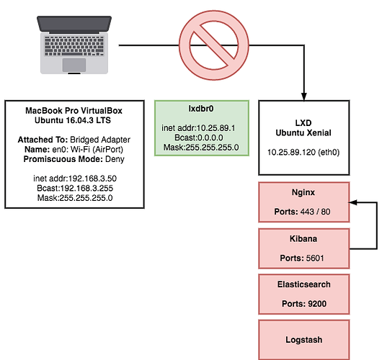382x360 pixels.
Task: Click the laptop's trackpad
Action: (74, 65)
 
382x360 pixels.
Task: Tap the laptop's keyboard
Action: (74, 46)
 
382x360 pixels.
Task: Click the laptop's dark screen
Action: (74, 24)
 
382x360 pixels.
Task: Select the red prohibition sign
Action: (214, 45)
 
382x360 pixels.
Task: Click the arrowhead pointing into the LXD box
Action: (303, 96)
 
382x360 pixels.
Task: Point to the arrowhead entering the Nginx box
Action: (353, 202)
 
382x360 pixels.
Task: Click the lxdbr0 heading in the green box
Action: (201, 109)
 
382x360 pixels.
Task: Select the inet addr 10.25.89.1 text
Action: (198, 128)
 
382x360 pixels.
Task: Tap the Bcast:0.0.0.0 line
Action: (199, 138)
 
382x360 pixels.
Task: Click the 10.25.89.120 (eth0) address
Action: (303, 153)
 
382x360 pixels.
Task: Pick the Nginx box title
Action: (303, 192)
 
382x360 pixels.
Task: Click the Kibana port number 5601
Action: (315, 258)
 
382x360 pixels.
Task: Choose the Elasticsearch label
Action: (303, 284)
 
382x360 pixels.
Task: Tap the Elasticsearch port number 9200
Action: (317, 304)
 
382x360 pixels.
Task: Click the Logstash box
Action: (303, 340)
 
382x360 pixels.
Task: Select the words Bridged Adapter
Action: (100, 140)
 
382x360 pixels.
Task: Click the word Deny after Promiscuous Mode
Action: (115, 159)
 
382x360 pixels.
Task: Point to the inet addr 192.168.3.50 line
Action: (75, 179)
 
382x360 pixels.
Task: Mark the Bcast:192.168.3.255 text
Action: (75, 188)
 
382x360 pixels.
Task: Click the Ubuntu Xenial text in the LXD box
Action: (303, 133)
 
